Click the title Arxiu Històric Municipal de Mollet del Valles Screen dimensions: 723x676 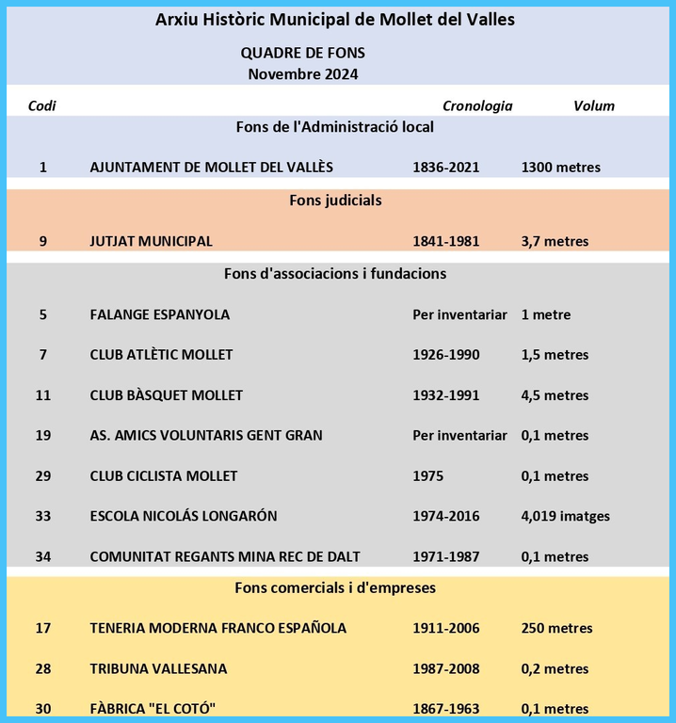point(335,19)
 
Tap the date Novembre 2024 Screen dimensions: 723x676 point(303,73)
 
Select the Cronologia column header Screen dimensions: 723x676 point(477,105)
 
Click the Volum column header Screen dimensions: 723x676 point(593,105)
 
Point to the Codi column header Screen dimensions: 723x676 point(42,105)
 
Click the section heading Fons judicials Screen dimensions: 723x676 point(335,201)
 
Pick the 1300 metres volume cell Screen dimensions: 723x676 point(560,168)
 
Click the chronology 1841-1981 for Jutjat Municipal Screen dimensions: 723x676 point(445,241)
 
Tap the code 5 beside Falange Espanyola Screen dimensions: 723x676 point(43,314)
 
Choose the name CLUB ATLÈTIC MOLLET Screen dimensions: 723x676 point(161,355)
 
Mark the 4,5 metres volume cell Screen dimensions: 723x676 point(555,395)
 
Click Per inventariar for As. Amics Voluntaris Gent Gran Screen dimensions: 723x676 point(459,436)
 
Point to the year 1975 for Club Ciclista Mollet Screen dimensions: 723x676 point(427,476)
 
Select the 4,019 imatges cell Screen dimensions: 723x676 point(565,516)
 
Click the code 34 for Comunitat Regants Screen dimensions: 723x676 point(43,556)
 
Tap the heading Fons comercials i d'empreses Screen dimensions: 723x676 point(334,588)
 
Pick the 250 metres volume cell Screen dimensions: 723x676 point(556,628)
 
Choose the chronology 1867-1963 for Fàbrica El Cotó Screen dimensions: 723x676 point(445,709)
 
